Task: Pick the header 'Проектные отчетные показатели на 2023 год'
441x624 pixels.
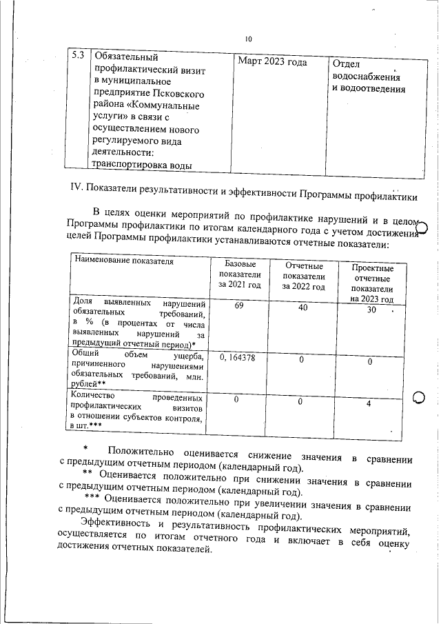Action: pyautogui.click(x=372, y=283)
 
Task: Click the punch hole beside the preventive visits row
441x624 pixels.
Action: pyautogui.click(x=419, y=398)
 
